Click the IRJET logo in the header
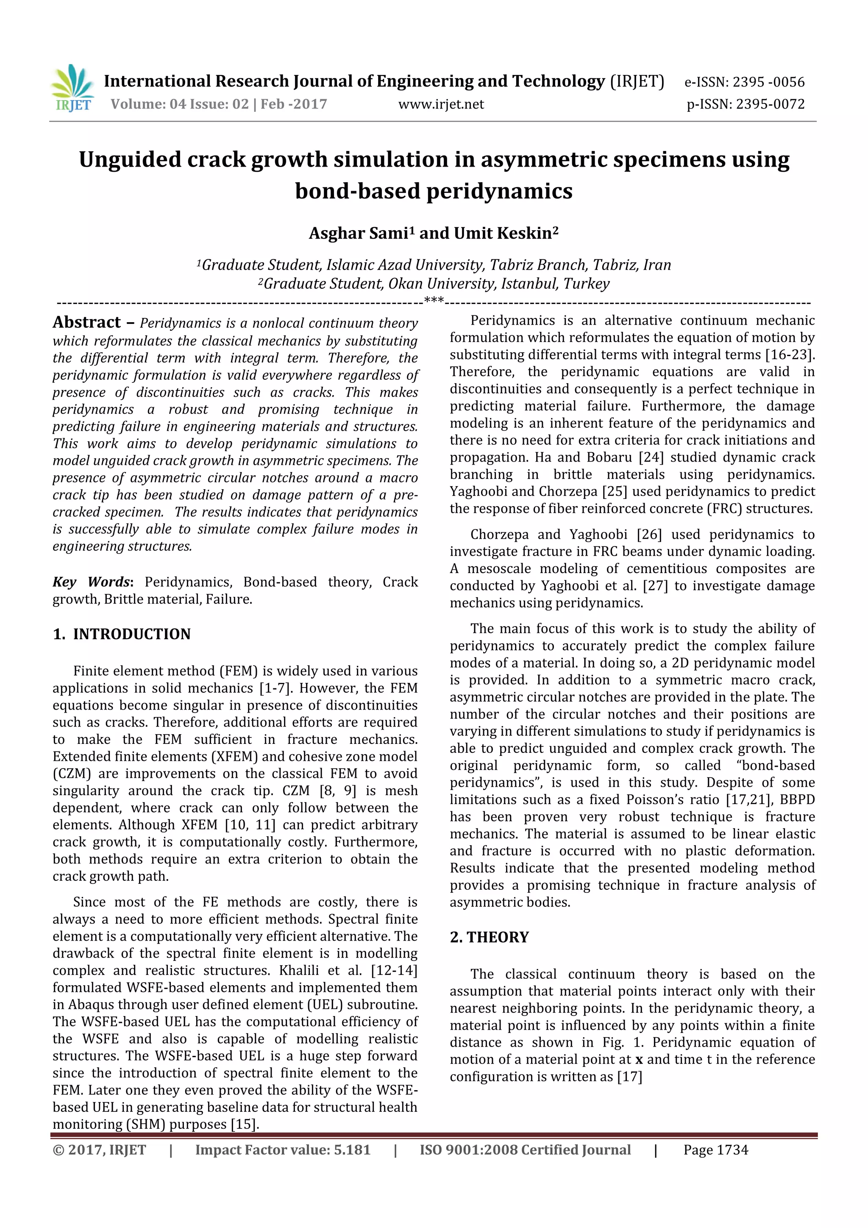(72, 88)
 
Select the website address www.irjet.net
(441, 104)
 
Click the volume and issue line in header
(218, 104)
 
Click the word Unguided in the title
(129, 159)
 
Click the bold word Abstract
(86, 322)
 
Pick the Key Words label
(92, 582)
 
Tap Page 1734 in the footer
(715, 1150)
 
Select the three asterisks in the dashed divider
(433, 301)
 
